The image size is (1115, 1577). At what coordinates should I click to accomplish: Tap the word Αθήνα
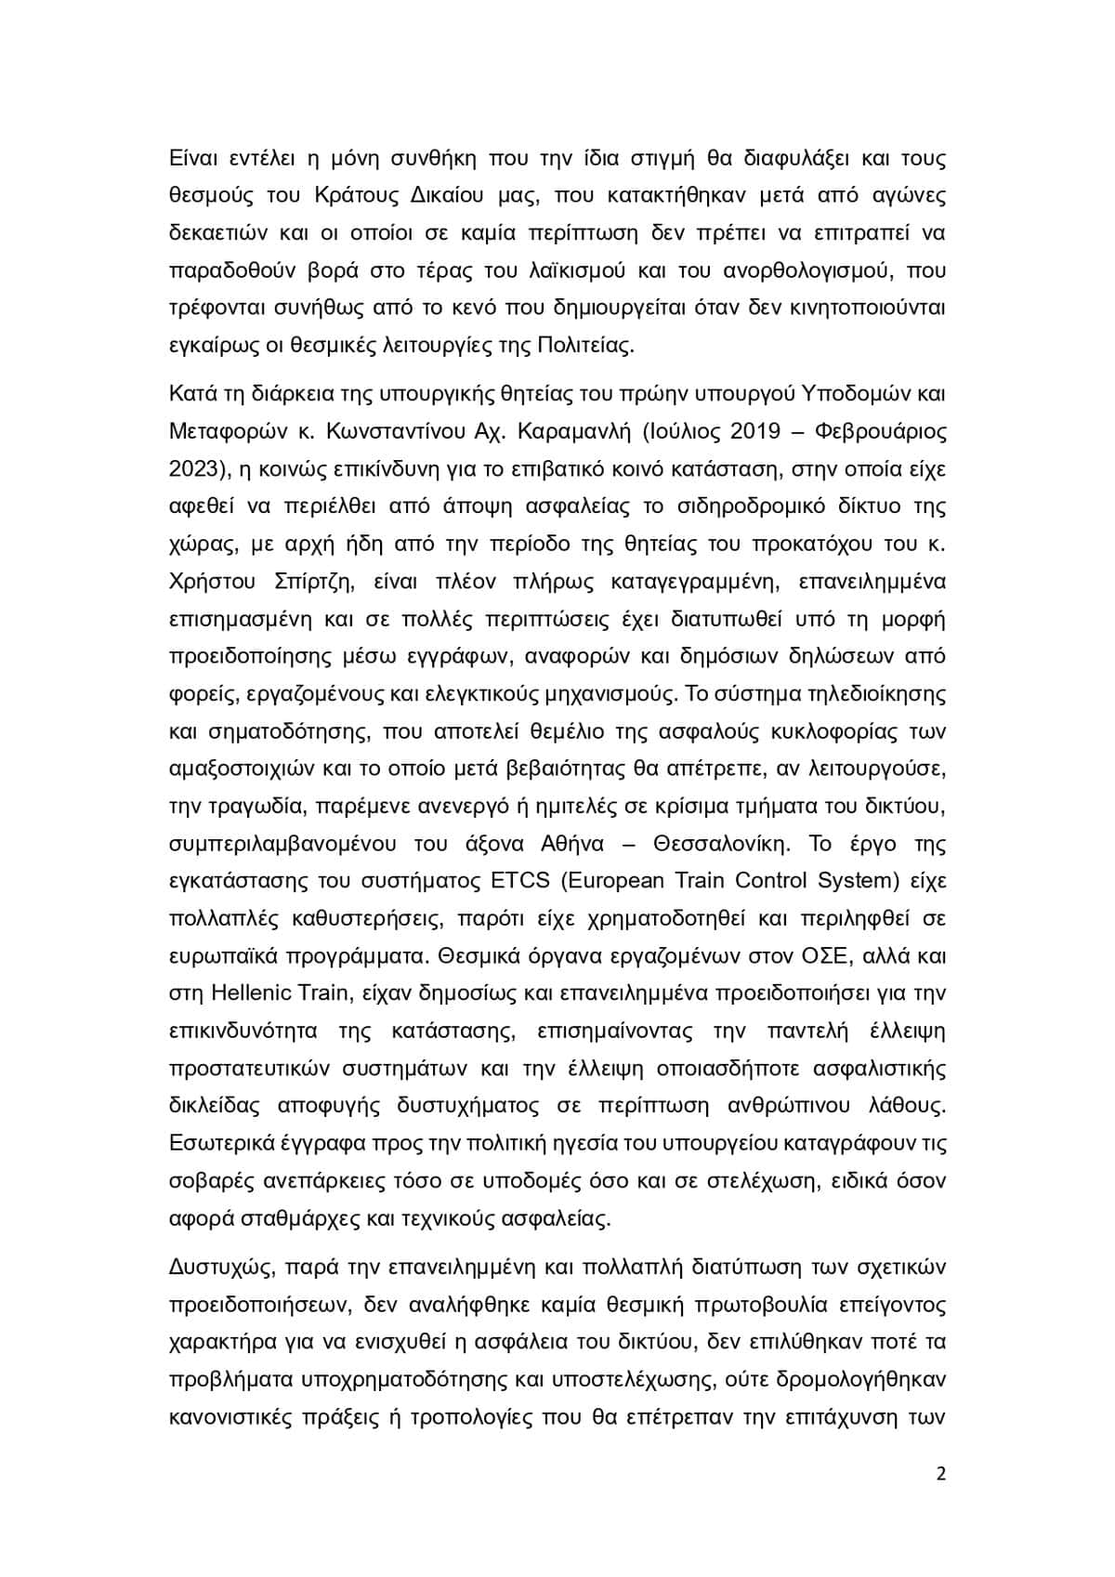571,844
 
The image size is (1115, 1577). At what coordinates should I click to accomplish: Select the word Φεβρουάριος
878,432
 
